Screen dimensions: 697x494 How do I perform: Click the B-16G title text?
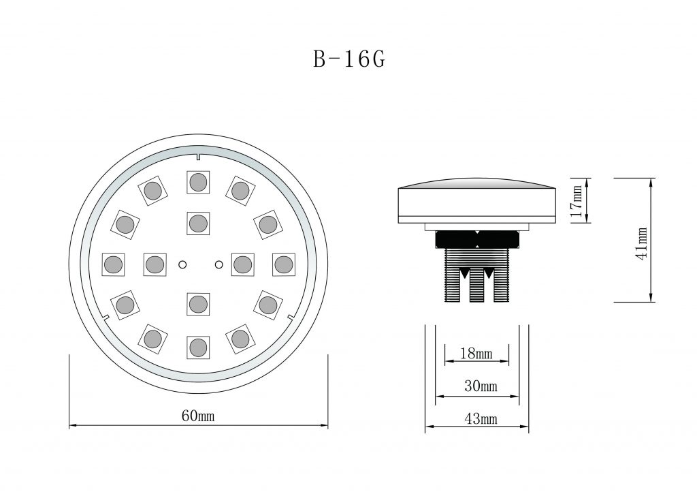349,59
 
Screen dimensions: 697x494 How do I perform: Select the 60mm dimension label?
198,416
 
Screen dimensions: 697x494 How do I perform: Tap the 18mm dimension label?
476,354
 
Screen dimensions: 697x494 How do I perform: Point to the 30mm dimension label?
481,386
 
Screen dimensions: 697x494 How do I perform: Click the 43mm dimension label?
481,419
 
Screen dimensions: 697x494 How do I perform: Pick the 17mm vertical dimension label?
576,201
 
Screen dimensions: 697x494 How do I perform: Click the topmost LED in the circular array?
198,182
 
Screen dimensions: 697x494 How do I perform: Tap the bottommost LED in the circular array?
198,348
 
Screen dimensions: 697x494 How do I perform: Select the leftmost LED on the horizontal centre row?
114,265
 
